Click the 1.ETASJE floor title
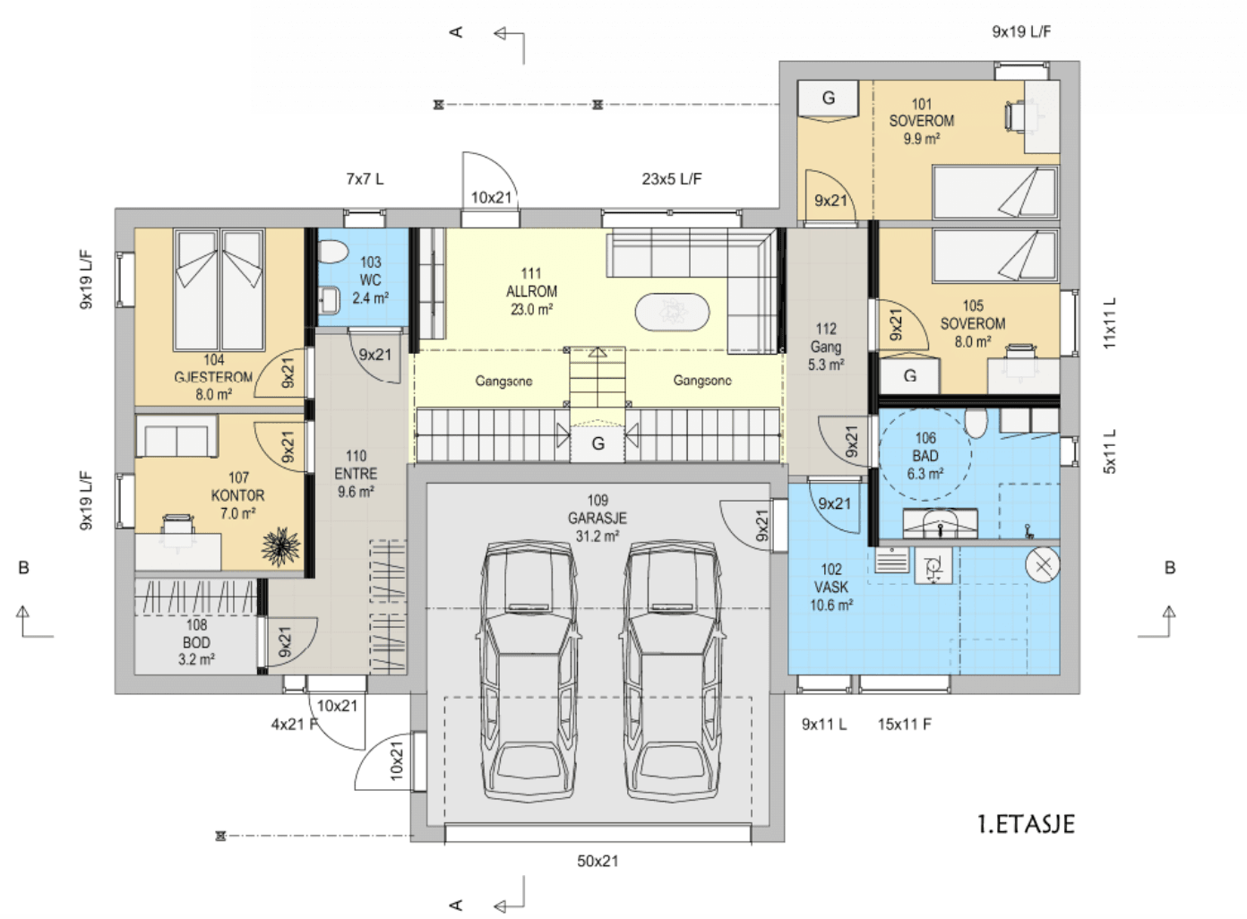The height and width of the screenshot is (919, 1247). coord(1026,824)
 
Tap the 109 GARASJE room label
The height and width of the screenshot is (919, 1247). coord(598,519)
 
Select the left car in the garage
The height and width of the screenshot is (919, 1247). coord(528,671)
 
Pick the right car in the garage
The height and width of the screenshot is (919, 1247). coord(673,671)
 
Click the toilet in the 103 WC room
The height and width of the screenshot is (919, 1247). coord(332,252)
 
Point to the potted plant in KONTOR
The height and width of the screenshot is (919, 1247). coord(281,546)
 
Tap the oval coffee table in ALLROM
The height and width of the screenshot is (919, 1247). coord(673,312)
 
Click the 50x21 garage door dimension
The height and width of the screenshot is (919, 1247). coord(598,861)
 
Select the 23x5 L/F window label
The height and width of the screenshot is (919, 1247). coord(672,178)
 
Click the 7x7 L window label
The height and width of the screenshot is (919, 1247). coord(365,178)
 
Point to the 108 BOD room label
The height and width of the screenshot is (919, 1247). coord(196,642)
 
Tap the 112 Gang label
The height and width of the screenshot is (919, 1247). coord(826,347)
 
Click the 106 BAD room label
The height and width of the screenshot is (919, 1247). coord(925,456)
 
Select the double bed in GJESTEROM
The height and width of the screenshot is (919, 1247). coord(219,290)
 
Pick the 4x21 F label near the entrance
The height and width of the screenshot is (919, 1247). coord(295,724)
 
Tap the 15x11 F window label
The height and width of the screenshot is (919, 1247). coord(905,724)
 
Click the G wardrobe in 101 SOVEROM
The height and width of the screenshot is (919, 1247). coord(828,99)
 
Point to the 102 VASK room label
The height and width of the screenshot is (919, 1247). coord(831,588)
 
